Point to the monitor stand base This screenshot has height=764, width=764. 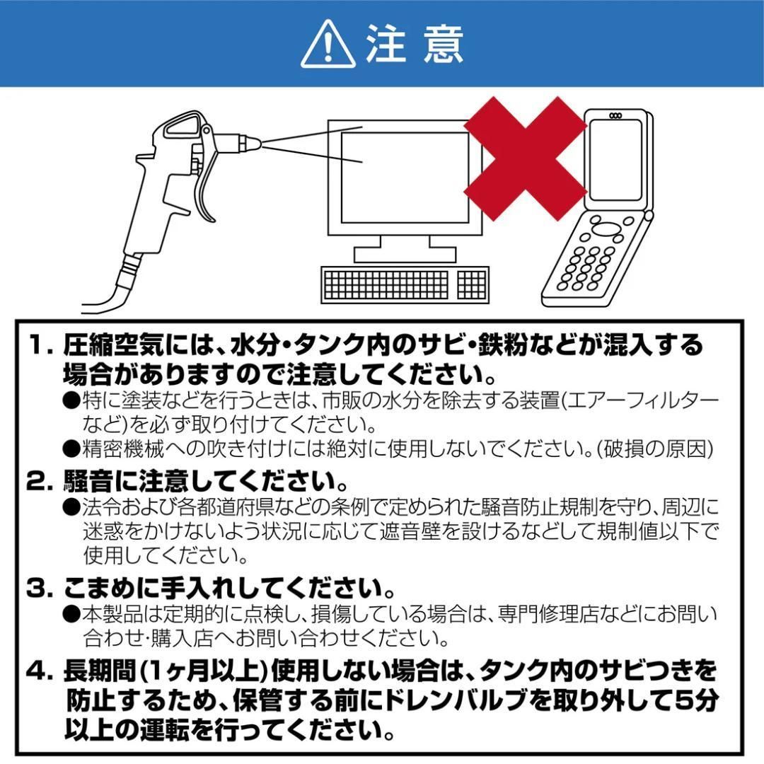pos(405,253)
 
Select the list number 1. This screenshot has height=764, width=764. pos(37,346)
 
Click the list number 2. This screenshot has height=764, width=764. pos(37,482)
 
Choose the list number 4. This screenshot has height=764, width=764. pos(37,669)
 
